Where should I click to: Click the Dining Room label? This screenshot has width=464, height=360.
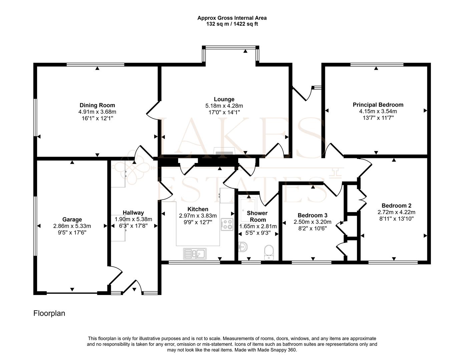pos(97,105)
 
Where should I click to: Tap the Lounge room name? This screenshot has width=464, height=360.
pos(224,99)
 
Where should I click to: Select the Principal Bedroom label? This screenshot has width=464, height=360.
pos(378,105)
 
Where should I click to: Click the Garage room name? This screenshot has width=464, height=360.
pos(72,219)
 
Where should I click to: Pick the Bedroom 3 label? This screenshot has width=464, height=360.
pos(313,215)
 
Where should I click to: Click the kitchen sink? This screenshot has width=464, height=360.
pos(195,254)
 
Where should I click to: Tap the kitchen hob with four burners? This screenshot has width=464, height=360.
pos(227,224)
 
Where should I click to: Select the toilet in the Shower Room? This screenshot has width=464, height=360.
pos(269,252)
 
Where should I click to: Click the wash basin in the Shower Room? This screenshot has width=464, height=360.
pos(243,247)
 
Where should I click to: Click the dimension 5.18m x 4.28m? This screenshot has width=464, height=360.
pos(224,106)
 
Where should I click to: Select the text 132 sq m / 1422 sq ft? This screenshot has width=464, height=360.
pos(232,24)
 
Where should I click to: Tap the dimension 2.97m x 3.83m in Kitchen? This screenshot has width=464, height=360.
pos(198,216)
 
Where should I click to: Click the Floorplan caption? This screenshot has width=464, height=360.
pos(49,313)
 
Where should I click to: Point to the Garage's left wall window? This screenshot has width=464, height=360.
pos(35,226)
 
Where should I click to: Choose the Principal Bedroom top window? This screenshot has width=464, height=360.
pos(377,65)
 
